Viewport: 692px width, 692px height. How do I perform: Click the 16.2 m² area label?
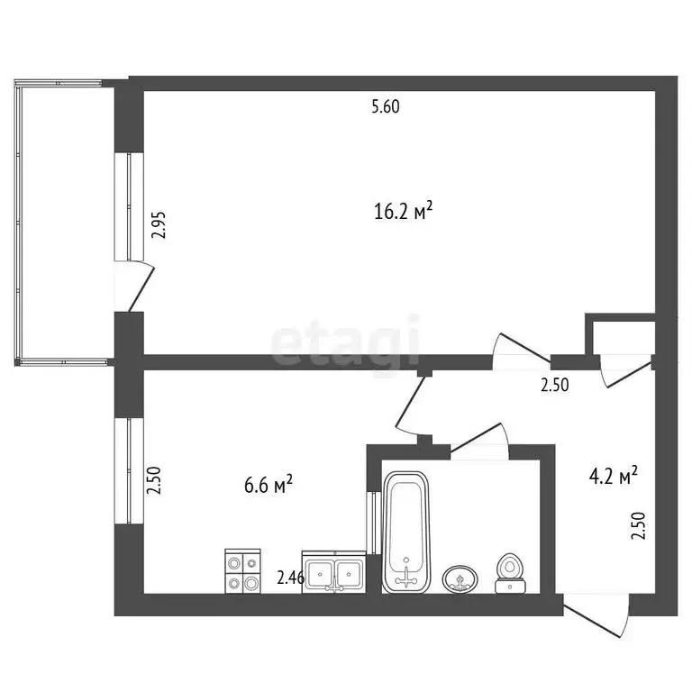click(x=403, y=212)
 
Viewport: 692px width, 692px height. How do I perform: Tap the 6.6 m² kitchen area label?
click(x=269, y=486)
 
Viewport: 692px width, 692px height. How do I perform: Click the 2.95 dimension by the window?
click(x=159, y=222)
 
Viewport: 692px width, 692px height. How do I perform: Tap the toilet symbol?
click(x=509, y=574)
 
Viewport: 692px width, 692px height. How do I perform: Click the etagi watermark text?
click(x=346, y=342)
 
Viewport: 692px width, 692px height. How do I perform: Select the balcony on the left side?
click(x=63, y=222)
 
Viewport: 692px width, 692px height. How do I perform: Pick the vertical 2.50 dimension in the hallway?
click(x=639, y=524)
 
